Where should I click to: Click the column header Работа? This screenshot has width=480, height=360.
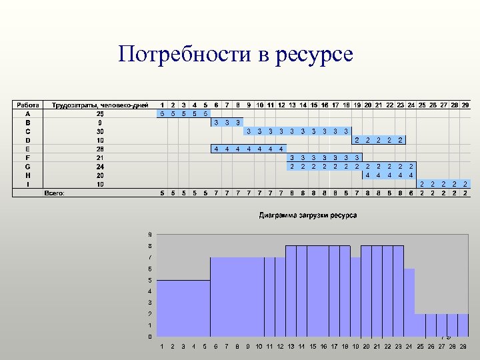point(28,105)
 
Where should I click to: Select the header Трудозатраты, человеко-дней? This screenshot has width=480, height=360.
point(100,105)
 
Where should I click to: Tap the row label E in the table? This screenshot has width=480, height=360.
point(27,149)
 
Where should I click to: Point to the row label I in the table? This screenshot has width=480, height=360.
point(27,183)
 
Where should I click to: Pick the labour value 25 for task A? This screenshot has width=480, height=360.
point(100,113)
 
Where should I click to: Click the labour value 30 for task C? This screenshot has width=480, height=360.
point(100,131)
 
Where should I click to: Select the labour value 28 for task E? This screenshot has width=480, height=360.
point(100,149)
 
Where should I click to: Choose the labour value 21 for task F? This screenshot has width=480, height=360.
point(100,157)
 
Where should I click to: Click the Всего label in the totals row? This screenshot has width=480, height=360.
point(54,193)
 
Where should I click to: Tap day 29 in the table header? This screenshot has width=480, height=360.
point(465,105)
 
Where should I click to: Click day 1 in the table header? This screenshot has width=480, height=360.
point(162,105)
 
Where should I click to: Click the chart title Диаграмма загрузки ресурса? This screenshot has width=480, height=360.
point(307,215)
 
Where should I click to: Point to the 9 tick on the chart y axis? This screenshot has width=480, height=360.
point(150,234)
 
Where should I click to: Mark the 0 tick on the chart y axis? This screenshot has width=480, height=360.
point(150,336)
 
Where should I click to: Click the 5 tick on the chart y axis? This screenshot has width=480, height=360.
point(150,279)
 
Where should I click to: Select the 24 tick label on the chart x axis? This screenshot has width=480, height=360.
point(409,347)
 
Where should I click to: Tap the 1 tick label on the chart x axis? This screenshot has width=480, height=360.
point(162,347)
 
